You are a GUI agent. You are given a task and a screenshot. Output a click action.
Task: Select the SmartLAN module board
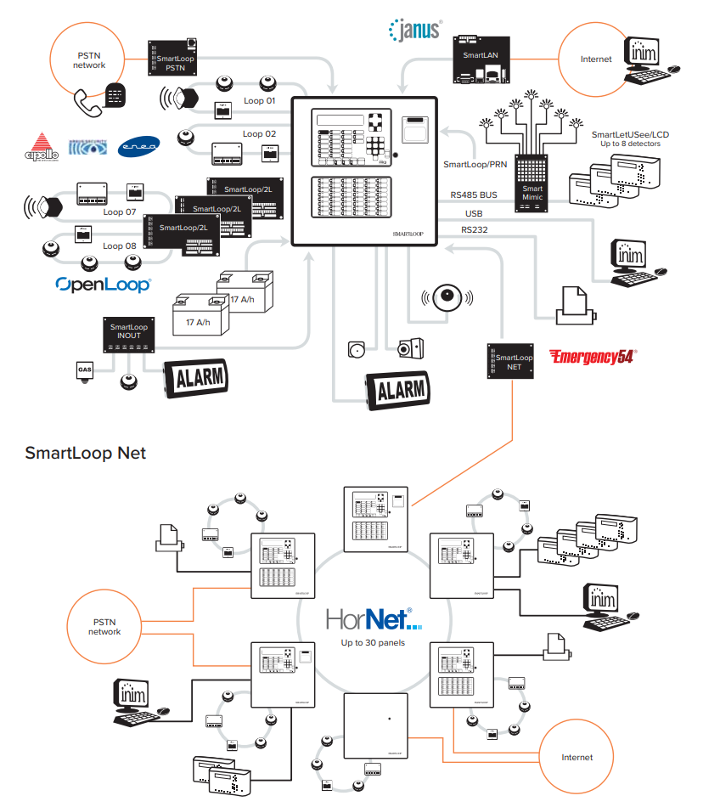481,59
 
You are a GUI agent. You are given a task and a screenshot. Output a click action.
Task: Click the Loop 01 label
260,100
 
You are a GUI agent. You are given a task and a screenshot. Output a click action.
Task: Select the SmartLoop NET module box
513,363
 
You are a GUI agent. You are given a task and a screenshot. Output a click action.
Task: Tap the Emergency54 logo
592,356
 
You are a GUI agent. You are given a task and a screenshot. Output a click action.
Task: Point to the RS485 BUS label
474,195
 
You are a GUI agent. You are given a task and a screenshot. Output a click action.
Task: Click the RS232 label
475,229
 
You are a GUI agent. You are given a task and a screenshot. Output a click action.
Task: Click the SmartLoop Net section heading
86,453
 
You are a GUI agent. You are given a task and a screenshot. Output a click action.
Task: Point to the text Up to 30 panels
373,643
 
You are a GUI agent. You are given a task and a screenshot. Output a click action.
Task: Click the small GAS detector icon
84,371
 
